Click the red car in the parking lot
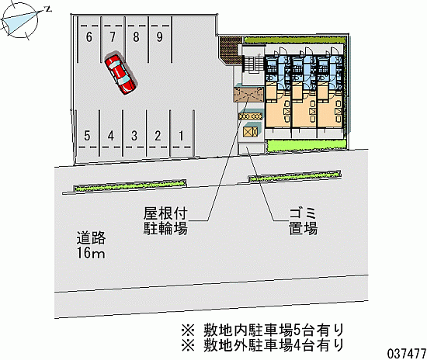120,74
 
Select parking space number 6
89,40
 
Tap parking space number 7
113,40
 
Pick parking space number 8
137,40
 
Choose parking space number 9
160,40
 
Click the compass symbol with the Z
20,20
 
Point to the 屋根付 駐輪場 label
165,221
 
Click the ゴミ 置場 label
303,221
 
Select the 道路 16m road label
91,245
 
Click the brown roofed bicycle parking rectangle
249,94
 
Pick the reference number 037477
407,354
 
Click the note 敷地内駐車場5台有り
262,331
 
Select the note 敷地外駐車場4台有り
262,345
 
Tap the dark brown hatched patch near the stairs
230,50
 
